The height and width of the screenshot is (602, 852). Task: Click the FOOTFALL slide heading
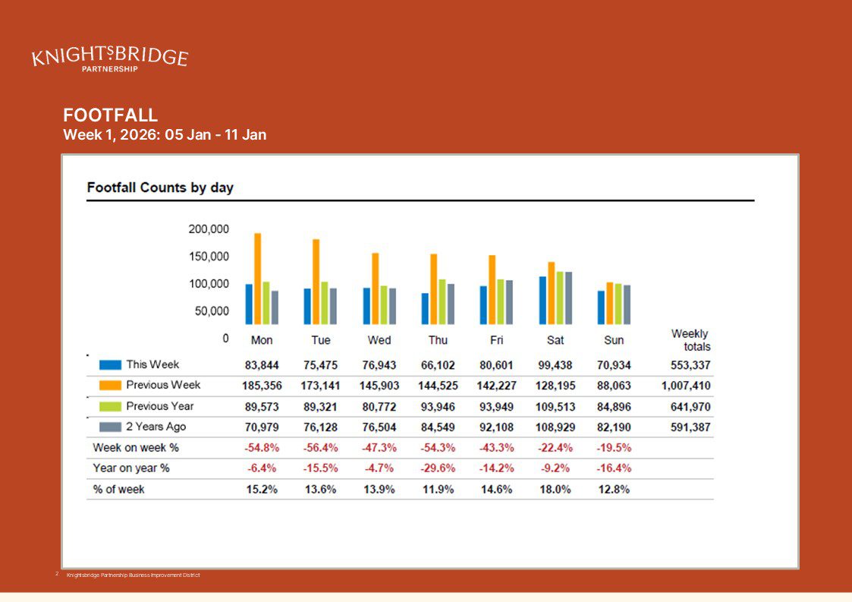click(x=111, y=115)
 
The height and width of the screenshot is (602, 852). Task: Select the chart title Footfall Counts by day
click(x=160, y=188)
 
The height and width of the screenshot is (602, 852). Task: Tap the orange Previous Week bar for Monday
click(x=257, y=279)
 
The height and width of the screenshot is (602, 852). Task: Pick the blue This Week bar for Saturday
click(x=543, y=300)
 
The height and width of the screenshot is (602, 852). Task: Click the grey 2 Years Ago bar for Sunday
click(x=627, y=304)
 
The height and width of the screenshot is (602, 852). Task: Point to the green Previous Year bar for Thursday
click(x=442, y=301)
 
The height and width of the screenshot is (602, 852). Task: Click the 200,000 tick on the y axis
click(x=209, y=229)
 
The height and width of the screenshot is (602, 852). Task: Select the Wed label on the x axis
click(x=379, y=340)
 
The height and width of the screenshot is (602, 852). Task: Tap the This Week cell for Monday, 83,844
click(x=262, y=365)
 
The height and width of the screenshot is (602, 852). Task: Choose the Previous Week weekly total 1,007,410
click(x=686, y=386)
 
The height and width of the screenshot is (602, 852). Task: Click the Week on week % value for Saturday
click(x=555, y=448)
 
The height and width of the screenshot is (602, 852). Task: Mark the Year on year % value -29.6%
click(x=438, y=468)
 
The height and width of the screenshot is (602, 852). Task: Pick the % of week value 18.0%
click(x=555, y=490)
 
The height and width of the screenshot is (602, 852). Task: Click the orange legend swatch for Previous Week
click(x=110, y=386)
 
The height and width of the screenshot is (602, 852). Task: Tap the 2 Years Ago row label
click(x=156, y=427)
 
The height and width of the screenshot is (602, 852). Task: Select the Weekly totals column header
click(x=690, y=340)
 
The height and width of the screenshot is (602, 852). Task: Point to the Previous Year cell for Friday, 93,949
click(x=497, y=407)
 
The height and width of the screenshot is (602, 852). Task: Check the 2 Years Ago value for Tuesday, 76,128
click(x=321, y=427)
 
